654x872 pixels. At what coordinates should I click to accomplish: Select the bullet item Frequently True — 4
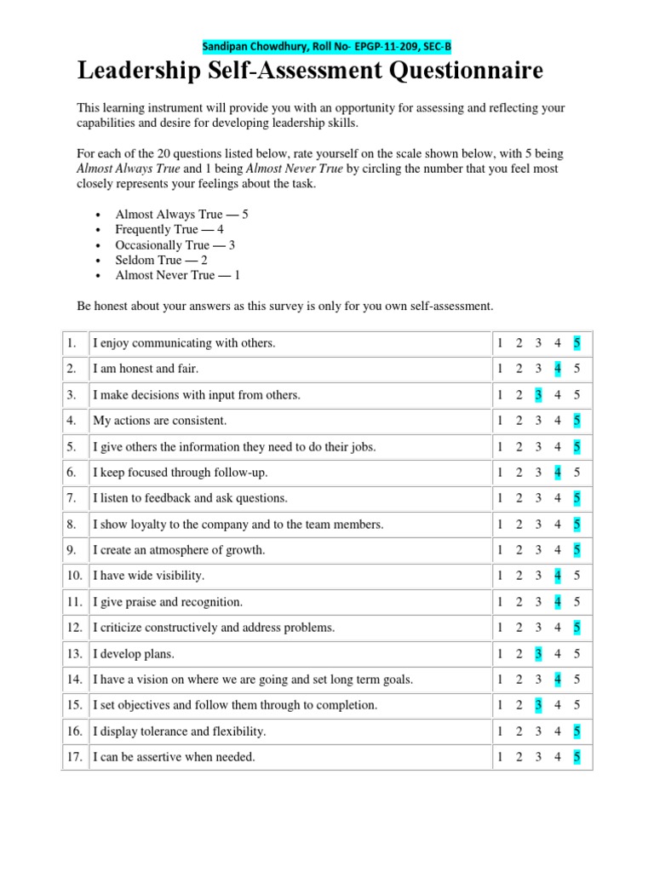tap(169, 230)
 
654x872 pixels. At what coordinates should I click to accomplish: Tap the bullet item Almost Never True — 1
tap(177, 275)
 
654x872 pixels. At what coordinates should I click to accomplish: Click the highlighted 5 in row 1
tap(577, 343)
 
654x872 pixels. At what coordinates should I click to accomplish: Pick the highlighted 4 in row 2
tap(557, 369)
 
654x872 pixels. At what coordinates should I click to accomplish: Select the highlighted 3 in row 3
tap(538, 395)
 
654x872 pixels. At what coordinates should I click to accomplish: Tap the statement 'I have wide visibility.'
tap(148, 576)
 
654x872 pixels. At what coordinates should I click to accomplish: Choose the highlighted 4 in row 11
tap(557, 602)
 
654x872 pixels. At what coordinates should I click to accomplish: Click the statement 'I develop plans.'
tap(133, 654)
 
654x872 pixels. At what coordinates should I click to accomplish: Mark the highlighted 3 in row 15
tap(538, 705)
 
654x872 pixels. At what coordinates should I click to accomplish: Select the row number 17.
tap(74, 757)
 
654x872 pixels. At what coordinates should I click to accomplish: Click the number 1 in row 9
tap(500, 550)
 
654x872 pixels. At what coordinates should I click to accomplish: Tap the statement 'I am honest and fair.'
tap(146, 369)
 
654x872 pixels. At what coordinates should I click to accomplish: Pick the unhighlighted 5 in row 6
tap(577, 473)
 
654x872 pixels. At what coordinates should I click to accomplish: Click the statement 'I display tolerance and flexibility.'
tap(179, 731)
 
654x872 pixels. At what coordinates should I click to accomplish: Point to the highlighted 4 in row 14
tap(557, 680)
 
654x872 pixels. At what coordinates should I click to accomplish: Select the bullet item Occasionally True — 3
tap(175, 245)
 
